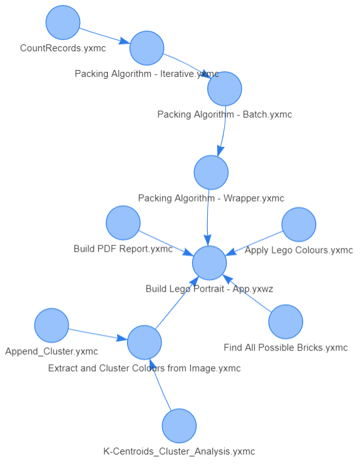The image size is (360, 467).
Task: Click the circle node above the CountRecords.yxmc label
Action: [x=63, y=23]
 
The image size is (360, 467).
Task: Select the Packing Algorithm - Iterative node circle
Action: [x=147, y=48]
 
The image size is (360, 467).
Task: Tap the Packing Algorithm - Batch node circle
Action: [x=225, y=89]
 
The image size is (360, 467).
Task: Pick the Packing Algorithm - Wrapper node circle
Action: [x=211, y=172]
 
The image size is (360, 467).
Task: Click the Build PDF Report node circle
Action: [x=123, y=223]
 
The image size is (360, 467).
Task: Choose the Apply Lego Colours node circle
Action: [x=299, y=224]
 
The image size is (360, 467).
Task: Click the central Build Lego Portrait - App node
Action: [x=209, y=263]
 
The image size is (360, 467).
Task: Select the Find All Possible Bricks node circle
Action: [x=285, y=322]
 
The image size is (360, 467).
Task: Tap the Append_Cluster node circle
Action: [x=51, y=326]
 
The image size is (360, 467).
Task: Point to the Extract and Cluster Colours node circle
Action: [x=145, y=342]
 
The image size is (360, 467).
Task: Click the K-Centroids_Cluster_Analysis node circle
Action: [x=179, y=426]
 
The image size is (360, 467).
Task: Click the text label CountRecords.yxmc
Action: [x=63, y=48]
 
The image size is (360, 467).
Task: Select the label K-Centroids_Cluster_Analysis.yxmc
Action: [x=179, y=451]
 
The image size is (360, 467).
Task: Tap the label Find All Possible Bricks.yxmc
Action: [x=285, y=347]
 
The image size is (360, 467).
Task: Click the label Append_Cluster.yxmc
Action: [x=51, y=351]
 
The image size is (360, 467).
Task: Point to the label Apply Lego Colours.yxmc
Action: [x=299, y=250]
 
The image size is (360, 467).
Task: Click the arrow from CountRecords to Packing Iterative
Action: [x=105, y=36]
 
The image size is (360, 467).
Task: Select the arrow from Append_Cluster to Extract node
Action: [x=98, y=334]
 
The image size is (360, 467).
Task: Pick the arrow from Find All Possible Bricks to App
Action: [x=247, y=294]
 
